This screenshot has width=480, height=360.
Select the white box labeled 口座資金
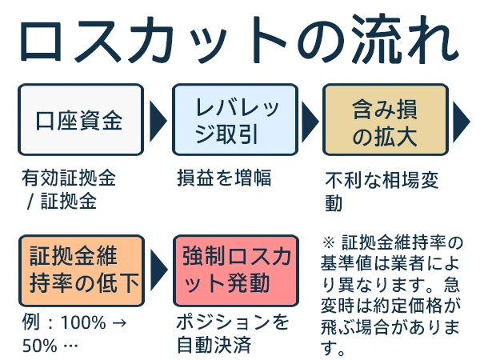[x=81, y=120]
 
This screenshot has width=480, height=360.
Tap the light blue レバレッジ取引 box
[x=235, y=120]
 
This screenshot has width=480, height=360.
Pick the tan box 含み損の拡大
[x=386, y=120]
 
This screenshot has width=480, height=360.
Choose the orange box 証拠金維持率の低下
[x=82, y=270]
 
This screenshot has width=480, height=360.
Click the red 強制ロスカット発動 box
[x=236, y=270]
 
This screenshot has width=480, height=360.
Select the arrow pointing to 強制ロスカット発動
[x=159, y=270]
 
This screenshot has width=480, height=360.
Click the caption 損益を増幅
[x=224, y=178]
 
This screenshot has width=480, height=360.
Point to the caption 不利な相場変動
[x=382, y=191]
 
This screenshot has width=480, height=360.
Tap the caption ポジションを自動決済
[x=233, y=334]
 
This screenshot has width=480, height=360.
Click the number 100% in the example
[x=83, y=322]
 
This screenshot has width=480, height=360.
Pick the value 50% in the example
[x=39, y=346]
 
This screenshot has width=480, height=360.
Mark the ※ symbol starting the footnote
[x=329, y=242]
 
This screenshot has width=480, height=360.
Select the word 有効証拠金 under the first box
[x=69, y=178]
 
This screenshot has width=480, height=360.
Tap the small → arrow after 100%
[x=118, y=323]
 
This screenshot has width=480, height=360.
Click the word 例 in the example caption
[x=31, y=322]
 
